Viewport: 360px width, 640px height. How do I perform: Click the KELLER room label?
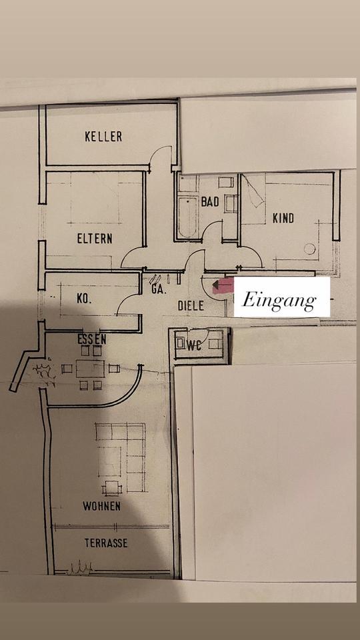(x=103, y=136)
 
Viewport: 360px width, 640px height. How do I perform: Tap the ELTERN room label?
(x=95, y=238)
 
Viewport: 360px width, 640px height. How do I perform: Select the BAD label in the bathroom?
(x=210, y=201)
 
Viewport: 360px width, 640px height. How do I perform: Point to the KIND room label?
(x=283, y=219)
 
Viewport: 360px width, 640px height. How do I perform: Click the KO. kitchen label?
(x=85, y=299)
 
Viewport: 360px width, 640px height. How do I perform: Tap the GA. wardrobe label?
(x=159, y=290)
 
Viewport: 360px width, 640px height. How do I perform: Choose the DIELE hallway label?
(x=191, y=306)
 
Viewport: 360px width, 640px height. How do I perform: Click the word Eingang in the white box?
(x=279, y=301)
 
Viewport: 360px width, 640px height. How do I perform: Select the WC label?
(x=195, y=346)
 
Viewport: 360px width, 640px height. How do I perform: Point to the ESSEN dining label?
(x=92, y=339)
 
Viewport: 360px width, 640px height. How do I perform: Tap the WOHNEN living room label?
(x=101, y=506)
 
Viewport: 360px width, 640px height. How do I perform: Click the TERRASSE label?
(x=106, y=543)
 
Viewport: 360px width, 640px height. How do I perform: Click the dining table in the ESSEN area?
(x=90, y=368)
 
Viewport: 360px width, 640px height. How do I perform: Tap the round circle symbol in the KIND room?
(x=310, y=249)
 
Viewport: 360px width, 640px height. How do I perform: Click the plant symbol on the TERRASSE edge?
(x=81, y=567)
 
